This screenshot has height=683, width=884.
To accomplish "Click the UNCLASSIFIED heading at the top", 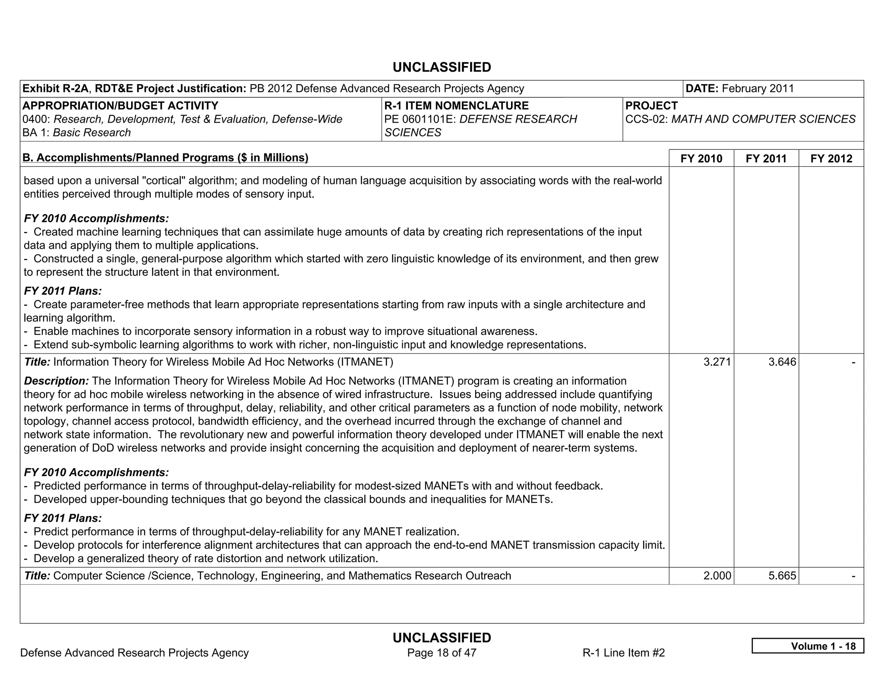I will pyautogui.click(x=442, y=67).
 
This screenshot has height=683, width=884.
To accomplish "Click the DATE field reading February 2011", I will pyautogui.click(x=739, y=89).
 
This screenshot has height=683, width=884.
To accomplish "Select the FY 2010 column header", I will pyautogui.click(x=701, y=158).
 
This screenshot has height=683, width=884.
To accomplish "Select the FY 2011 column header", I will pyautogui.click(x=766, y=158).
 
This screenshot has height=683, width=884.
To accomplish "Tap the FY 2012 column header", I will pyautogui.click(x=831, y=158).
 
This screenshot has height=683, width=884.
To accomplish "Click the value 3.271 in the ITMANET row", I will pyautogui.click(x=717, y=362).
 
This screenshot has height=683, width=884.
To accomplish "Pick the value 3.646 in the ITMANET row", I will pyautogui.click(x=782, y=362).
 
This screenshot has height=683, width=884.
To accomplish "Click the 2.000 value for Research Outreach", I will pyautogui.click(x=717, y=575).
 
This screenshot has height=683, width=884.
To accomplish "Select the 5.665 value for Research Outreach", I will pyautogui.click(x=782, y=575).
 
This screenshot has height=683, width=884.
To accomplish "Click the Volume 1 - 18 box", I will pyautogui.click(x=808, y=646).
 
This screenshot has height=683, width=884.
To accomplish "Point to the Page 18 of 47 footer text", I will pyautogui.click(x=442, y=653).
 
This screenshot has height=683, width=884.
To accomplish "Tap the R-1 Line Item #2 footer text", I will pyautogui.click(x=623, y=653).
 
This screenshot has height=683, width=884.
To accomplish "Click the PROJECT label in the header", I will pyautogui.click(x=651, y=106).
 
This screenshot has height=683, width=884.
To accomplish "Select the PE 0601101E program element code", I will pyautogui.click(x=420, y=119).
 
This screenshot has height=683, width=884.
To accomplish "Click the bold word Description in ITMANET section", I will pyautogui.click(x=56, y=381).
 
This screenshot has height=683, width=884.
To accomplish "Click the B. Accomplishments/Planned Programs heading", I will pyautogui.click(x=165, y=158).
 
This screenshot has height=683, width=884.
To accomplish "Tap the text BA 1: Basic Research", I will pyautogui.click(x=76, y=133).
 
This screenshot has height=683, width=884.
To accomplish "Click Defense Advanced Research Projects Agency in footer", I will pyautogui.click(x=134, y=653).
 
